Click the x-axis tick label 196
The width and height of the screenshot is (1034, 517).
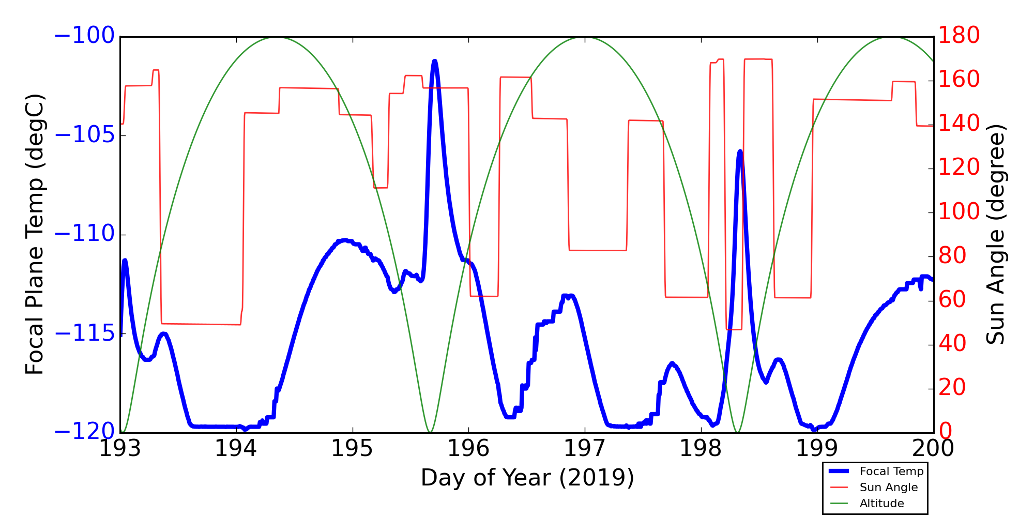tap(468, 449)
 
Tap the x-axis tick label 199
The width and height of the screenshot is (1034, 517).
tap(817, 449)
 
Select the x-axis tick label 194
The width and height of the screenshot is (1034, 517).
tap(236, 449)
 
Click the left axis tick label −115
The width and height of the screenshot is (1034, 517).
tap(84, 333)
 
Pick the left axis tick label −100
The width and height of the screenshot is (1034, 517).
tap(84, 36)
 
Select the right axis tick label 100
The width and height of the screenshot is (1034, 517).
tap(959, 212)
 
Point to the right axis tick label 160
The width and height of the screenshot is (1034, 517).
tap(959, 80)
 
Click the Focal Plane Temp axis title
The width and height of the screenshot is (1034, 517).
tap(35, 234)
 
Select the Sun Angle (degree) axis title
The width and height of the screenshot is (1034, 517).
tap(996, 234)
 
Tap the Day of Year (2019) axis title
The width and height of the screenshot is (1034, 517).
tap(527, 478)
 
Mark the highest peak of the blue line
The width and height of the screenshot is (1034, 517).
tap(435, 61)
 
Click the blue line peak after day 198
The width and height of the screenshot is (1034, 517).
tap(740, 151)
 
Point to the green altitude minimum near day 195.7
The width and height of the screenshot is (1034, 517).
tap(430, 432)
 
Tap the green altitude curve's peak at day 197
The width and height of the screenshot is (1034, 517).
tap(585, 37)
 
